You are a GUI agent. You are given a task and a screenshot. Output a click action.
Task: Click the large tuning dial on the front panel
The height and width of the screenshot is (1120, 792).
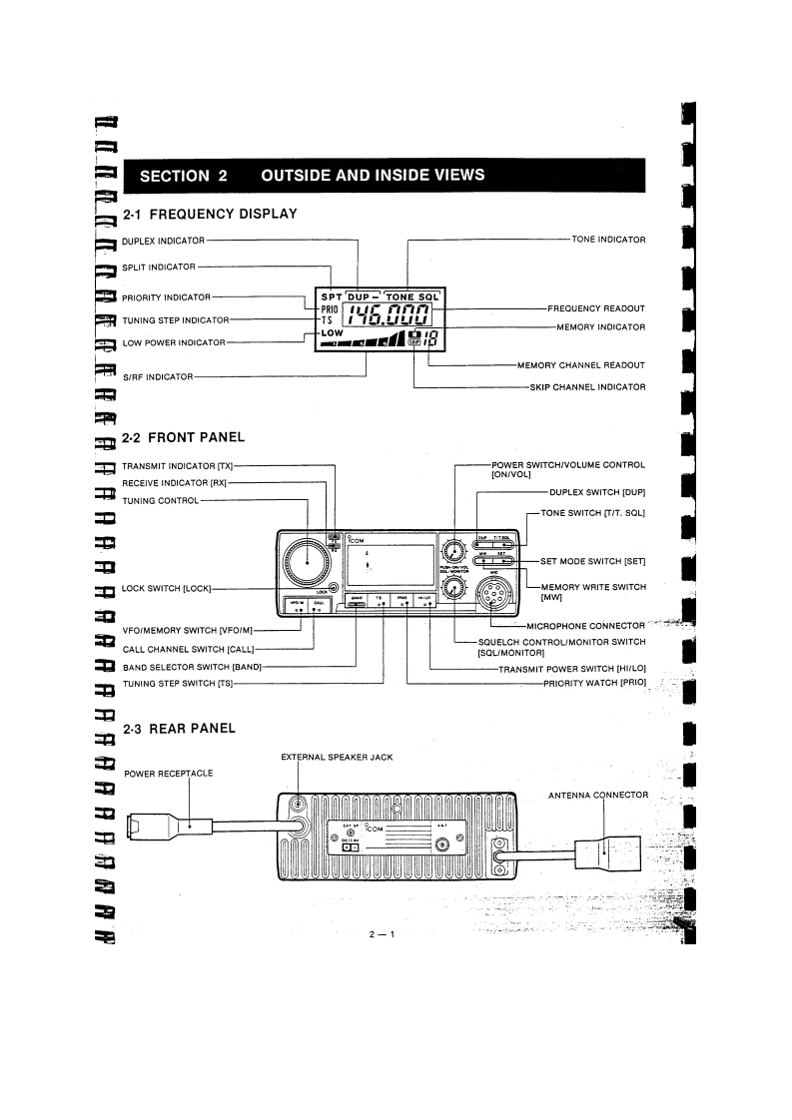[x=307, y=566]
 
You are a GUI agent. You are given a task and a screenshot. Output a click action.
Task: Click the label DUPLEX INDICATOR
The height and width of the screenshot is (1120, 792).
[x=163, y=241]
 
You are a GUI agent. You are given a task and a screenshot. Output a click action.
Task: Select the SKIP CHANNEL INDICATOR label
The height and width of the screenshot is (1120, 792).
[x=587, y=386]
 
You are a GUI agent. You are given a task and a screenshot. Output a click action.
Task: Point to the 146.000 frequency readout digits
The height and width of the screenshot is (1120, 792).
[x=388, y=319]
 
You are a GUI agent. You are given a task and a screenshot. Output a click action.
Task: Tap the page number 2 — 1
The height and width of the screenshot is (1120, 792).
[x=383, y=934]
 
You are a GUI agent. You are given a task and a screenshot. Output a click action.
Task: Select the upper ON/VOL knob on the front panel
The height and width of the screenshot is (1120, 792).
[x=454, y=552]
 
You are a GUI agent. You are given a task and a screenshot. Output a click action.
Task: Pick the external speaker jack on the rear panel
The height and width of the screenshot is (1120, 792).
[x=297, y=806]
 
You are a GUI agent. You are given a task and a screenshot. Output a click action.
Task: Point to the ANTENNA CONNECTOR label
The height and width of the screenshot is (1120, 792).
[x=599, y=796]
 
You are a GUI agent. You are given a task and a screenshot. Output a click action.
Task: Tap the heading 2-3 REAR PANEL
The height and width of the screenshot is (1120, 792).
[x=179, y=729]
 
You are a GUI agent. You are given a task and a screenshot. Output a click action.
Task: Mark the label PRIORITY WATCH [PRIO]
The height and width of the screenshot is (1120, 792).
[x=594, y=683]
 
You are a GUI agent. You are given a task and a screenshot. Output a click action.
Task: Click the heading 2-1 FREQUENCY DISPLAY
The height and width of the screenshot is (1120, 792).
[x=210, y=214]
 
